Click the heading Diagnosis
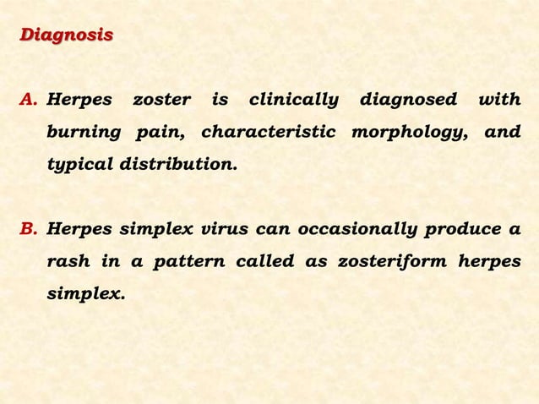pos(66,35)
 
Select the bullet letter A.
pos(30,101)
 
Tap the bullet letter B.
pos(30,229)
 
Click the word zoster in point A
pos(161,101)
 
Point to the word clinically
pos(292,101)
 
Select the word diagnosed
pos(408,101)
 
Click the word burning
pos(82,133)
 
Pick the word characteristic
pos(268,133)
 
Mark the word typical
pos(79,165)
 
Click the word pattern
pos(190,261)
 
